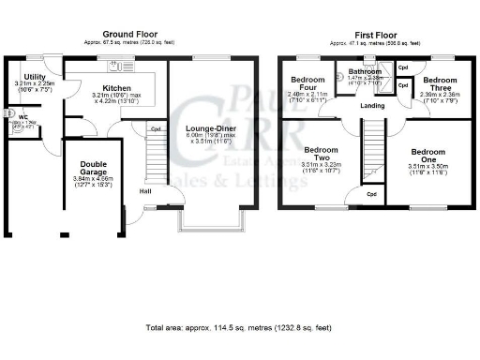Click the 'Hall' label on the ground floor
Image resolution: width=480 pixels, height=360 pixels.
(145, 191)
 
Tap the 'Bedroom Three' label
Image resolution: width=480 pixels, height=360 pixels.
(438, 81)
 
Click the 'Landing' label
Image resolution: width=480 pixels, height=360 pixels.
(373, 105)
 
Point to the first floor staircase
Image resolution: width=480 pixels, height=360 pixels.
(375, 155)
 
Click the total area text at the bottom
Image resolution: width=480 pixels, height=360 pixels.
(239, 329)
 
